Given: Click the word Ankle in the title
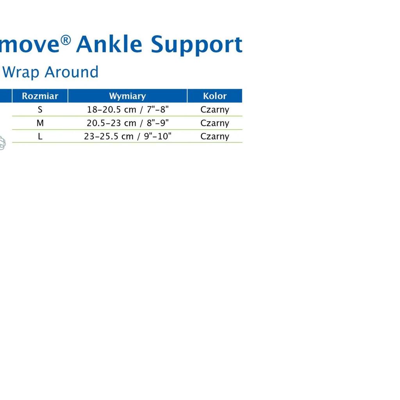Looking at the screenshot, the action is point(109,44).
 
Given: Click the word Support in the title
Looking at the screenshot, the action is point(196,45).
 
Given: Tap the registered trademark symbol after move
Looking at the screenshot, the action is point(66,40).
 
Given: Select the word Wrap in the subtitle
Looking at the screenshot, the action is point(20,72).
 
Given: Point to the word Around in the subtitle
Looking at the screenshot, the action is point(71,72).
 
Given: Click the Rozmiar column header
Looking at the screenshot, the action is point(40,96).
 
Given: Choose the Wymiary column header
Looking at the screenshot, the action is point(128,96).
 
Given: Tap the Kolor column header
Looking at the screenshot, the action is point(215,96).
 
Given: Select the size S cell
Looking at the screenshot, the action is point(40,109).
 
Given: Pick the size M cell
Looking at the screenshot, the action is point(40,123).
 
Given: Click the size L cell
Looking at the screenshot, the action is point(40,136).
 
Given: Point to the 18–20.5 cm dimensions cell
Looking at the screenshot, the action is point(128,110).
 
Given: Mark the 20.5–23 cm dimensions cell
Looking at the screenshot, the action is point(128,123).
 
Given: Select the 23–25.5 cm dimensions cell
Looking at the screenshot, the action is point(128,136).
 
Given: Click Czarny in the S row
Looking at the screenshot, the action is point(215,110).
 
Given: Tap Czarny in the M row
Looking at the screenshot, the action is point(215,123).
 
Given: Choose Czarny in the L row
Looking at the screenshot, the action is point(215,136).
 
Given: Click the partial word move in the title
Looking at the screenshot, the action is point(30,45).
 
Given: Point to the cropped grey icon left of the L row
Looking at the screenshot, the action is point(3,143).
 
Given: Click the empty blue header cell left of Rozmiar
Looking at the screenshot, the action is point(6,96).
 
